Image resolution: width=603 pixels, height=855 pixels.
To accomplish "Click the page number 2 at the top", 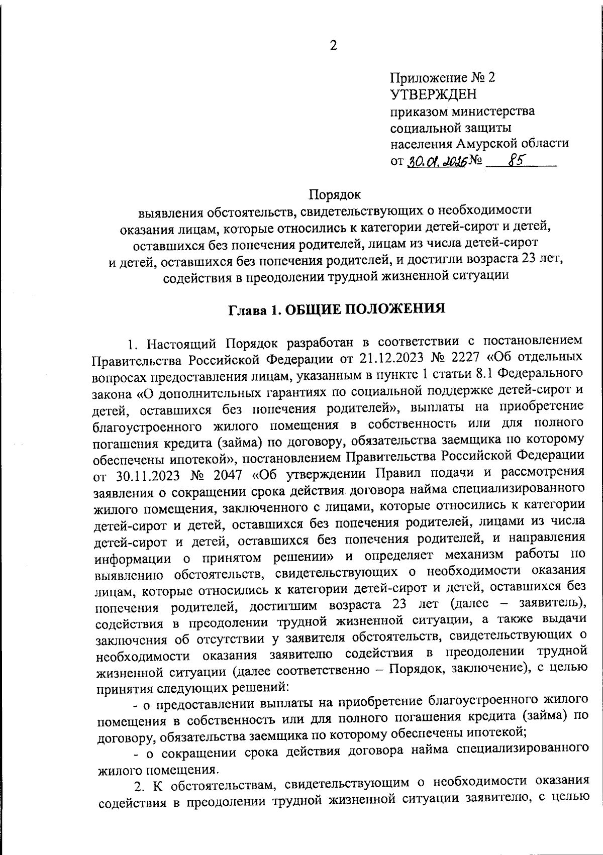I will point(333,46).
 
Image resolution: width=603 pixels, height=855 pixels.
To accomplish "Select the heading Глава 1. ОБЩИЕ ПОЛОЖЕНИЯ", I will point(337,309).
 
